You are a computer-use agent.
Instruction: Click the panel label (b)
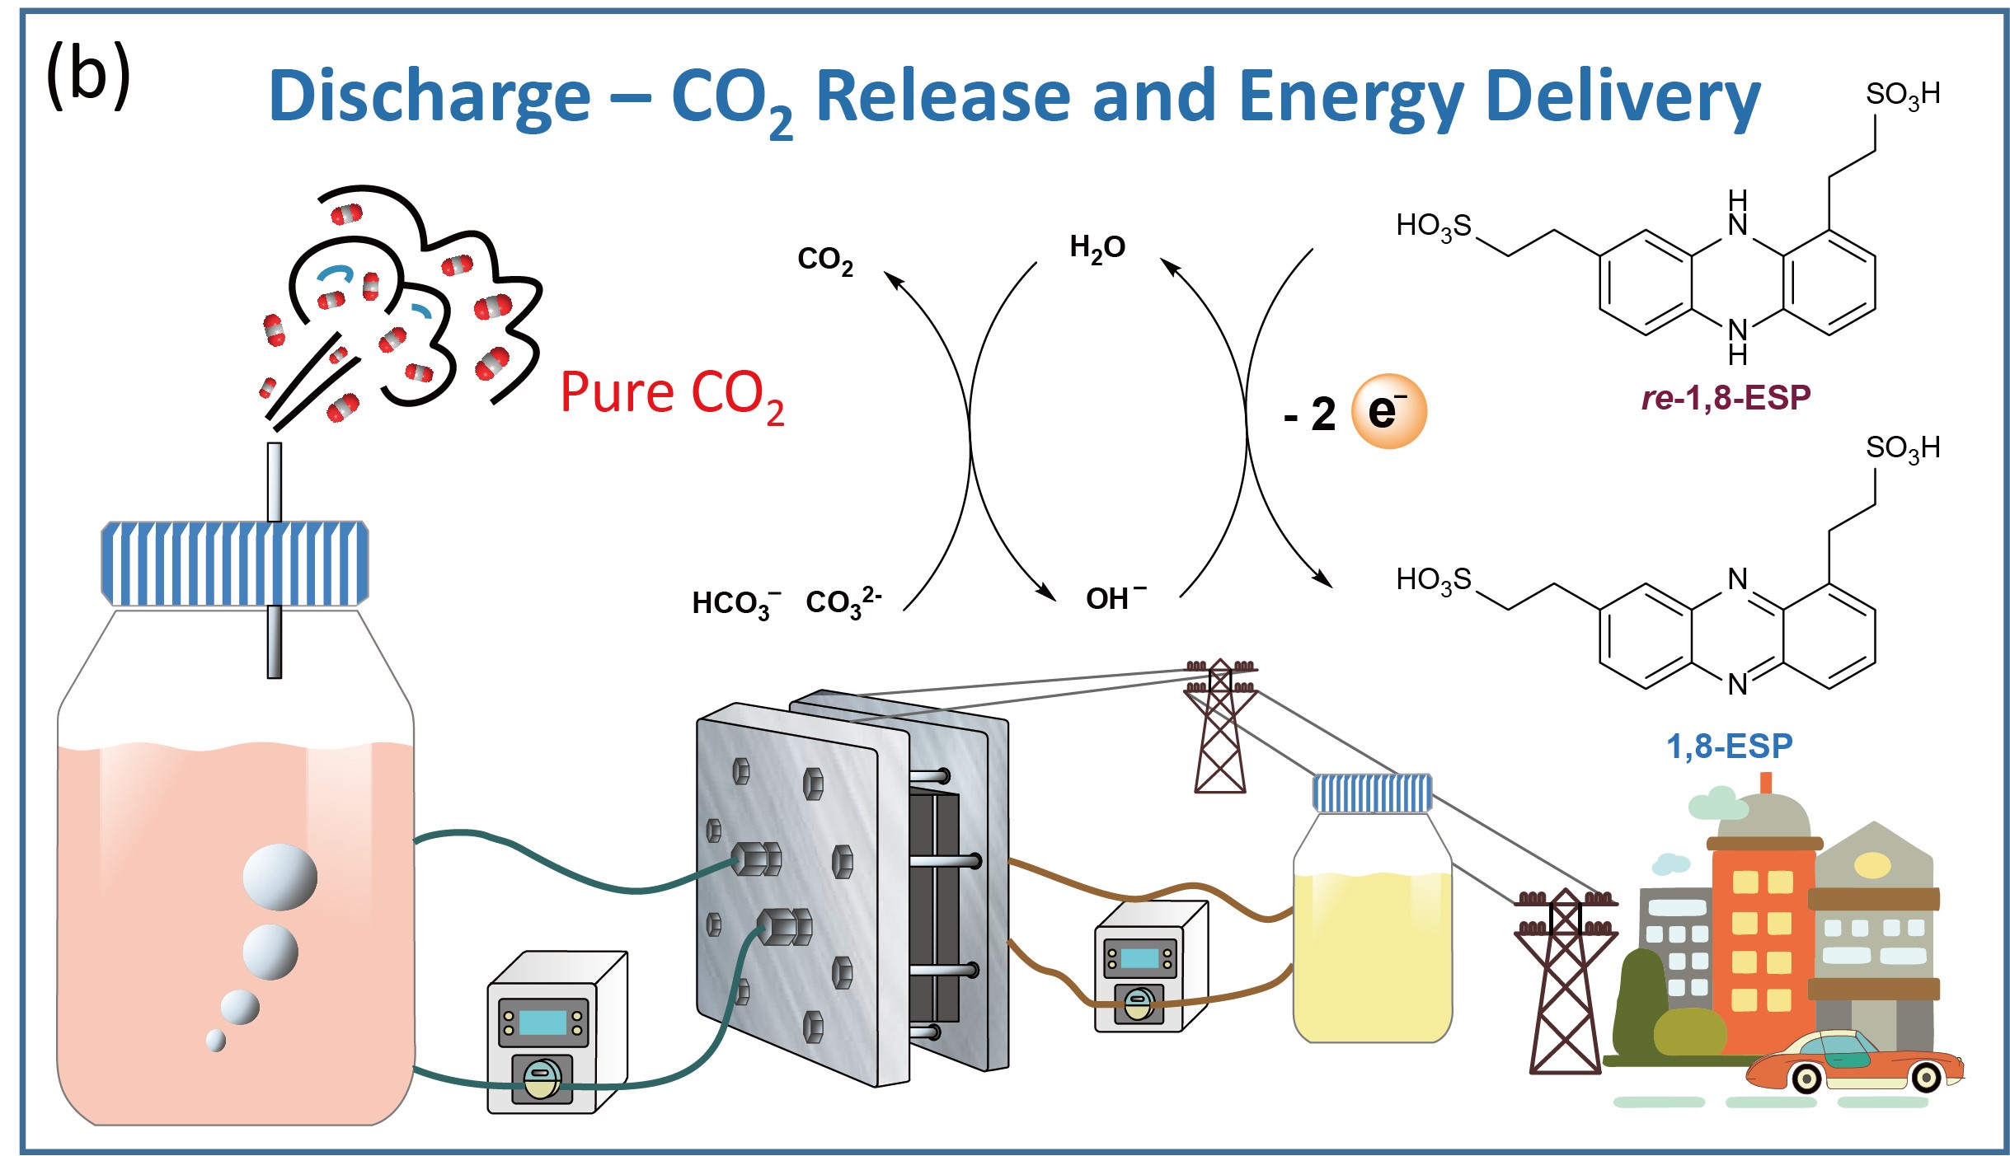click(x=88, y=76)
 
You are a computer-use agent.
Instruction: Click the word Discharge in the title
click(x=430, y=97)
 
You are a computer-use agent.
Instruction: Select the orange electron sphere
click(x=1388, y=411)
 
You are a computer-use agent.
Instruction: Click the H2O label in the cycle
click(x=1097, y=247)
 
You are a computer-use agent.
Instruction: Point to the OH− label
click(x=1115, y=598)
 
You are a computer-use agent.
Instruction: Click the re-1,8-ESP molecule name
click(x=1725, y=398)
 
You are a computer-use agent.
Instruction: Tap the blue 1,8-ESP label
click(x=1729, y=746)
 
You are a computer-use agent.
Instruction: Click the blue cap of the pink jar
click(x=235, y=564)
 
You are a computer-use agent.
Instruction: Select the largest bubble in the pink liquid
click(x=279, y=877)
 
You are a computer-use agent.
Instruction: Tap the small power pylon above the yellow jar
click(x=1220, y=725)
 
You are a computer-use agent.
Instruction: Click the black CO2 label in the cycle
click(x=824, y=260)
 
